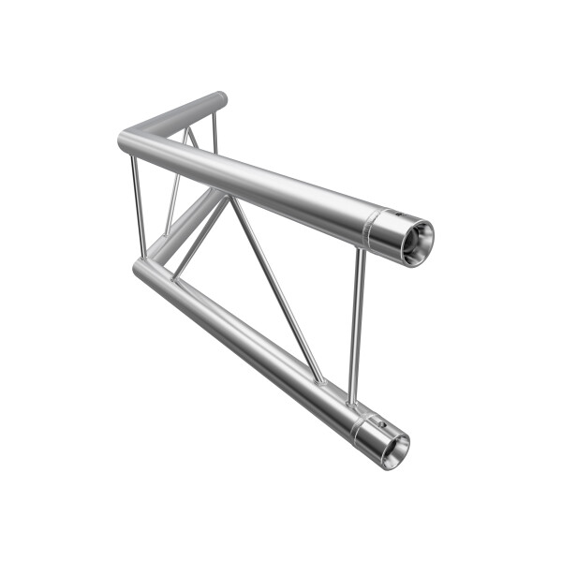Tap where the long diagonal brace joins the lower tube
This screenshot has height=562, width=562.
point(319,380)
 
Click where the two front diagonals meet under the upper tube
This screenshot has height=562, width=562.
point(229,197)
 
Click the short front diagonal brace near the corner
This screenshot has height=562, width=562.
point(199,239)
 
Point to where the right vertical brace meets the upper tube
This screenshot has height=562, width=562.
point(362,249)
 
